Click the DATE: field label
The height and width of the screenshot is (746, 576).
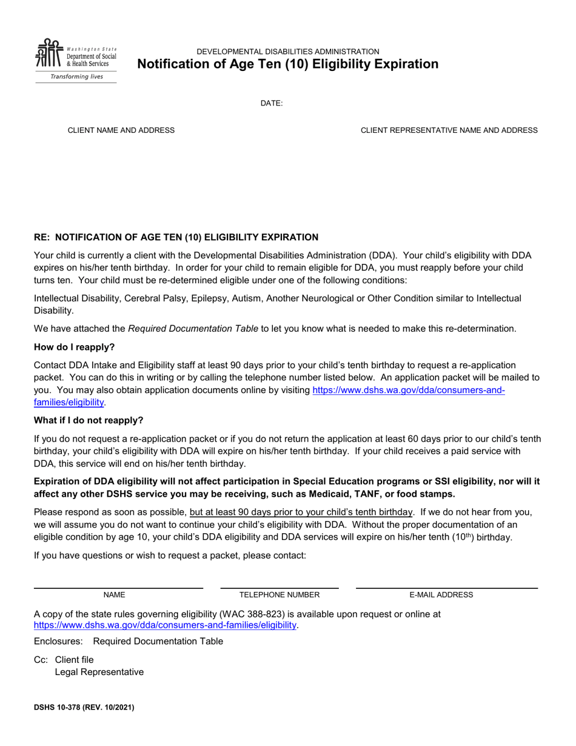click(272, 103)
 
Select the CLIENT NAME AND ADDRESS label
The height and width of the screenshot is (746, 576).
click(121, 130)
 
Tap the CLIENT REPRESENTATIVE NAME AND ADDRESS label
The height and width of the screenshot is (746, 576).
click(449, 130)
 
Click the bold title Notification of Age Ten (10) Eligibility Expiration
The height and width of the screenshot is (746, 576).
click(288, 64)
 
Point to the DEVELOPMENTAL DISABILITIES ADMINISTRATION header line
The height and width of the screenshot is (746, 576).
click(288, 52)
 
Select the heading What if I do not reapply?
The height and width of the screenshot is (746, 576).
click(89, 420)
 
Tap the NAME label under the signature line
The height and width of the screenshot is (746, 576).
click(114, 595)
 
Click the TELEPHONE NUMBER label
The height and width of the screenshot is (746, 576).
click(280, 595)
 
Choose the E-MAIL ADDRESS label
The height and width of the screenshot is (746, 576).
click(441, 595)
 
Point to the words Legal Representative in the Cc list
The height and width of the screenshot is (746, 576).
click(99, 672)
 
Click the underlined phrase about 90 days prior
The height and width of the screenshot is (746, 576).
click(301, 511)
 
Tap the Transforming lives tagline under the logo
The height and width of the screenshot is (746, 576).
click(76, 77)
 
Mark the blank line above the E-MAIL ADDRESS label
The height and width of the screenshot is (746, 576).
click(446, 588)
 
